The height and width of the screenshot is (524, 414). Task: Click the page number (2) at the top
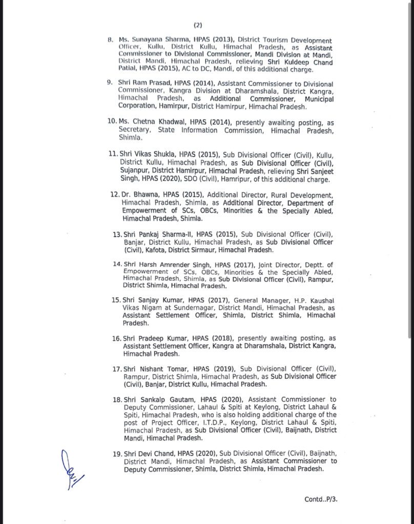(x=198, y=25)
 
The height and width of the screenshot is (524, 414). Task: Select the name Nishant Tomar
(x=161, y=369)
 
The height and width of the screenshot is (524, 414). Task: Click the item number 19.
(x=116, y=453)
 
